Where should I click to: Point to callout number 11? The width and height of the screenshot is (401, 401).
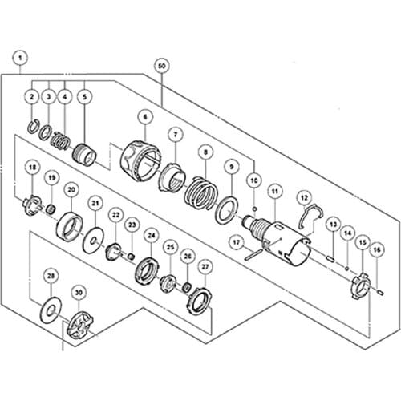tap(274, 191)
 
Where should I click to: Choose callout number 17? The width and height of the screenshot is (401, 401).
tap(237, 241)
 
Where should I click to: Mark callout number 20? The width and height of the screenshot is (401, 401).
tap(71, 189)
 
